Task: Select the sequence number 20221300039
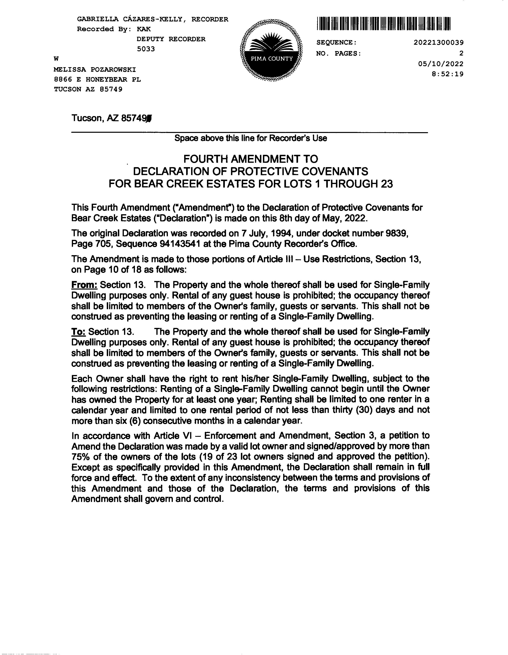pos(439,43)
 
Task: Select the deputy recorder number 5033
pos(146,49)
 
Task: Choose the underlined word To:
pos(79,331)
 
